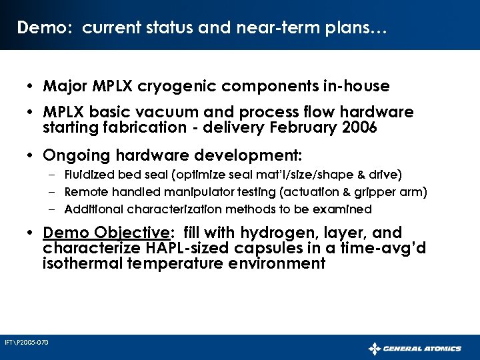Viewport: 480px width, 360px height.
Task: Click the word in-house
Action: [357, 87]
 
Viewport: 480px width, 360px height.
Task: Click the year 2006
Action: [359, 127]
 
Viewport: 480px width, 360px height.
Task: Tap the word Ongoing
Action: [75, 155]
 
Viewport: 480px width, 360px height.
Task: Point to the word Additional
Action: [91, 209]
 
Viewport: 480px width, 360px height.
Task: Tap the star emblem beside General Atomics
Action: [375, 348]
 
